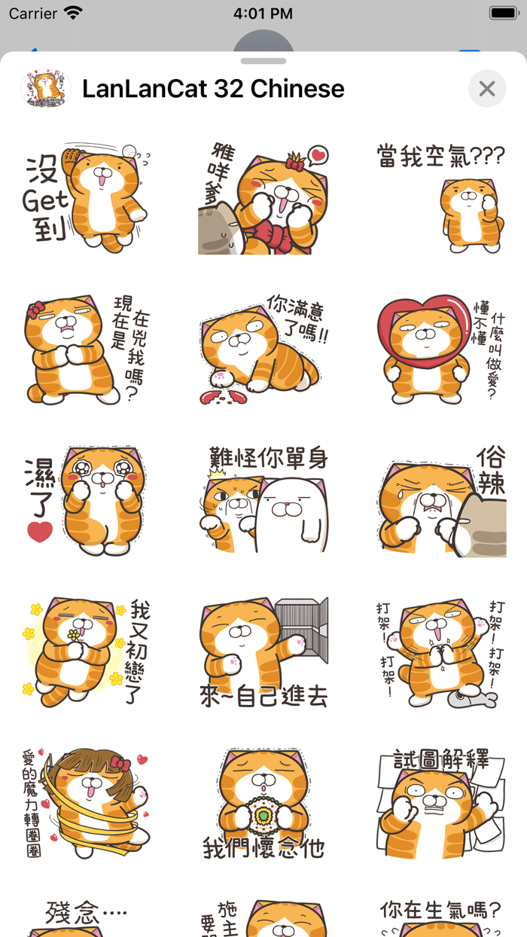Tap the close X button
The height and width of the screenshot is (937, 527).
pyautogui.click(x=487, y=89)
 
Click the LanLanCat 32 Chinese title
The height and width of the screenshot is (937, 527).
pyautogui.click(x=213, y=89)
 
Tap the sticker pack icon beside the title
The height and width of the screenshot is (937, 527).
pyautogui.click(x=45, y=89)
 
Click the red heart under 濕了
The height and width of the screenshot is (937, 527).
pyautogui.click(x=40, y=532)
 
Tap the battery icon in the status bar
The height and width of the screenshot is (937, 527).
pyautogui.click(x=503, y=14)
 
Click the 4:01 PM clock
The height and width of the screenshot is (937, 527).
pyautogui.click(x=263, y=14)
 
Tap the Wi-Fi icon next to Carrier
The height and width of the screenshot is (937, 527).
pyautogui.click(x=73, y=14)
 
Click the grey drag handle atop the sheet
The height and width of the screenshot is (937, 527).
pyautogui.click(x=263, y=61)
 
